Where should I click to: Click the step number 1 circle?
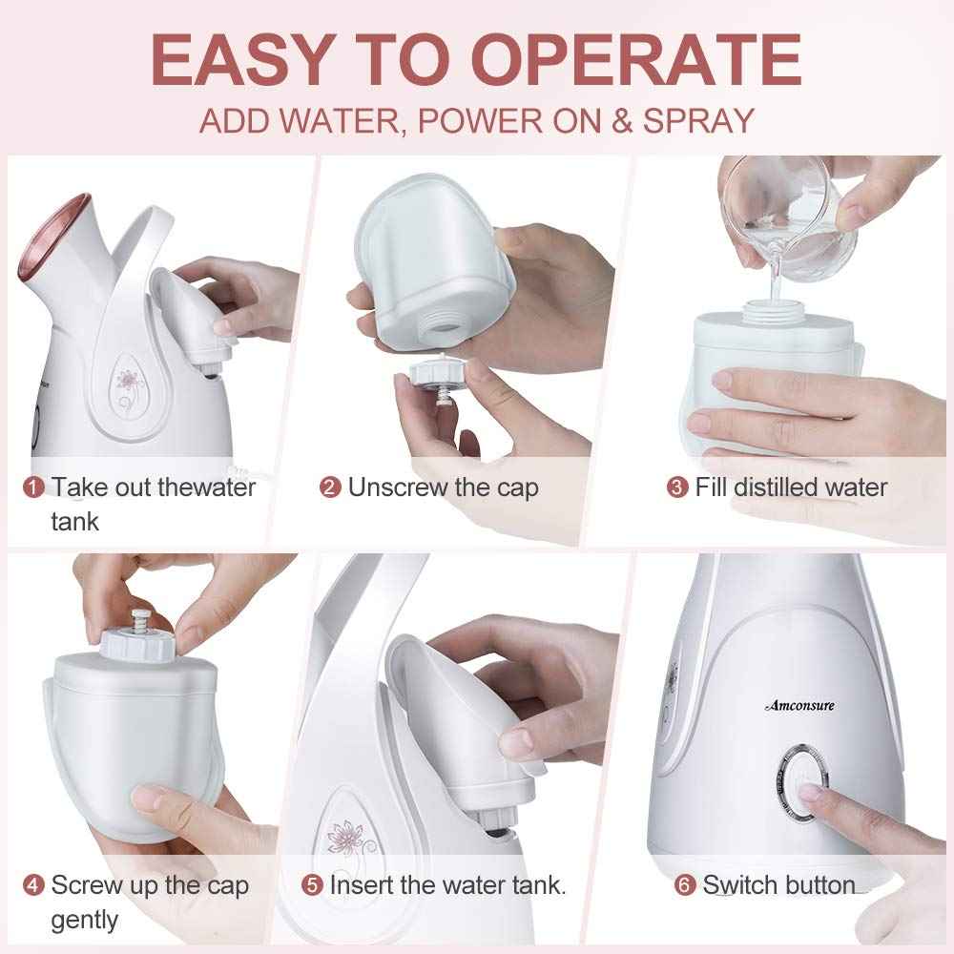click(x=34, y=487)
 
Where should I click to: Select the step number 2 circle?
click(x=330, y=487)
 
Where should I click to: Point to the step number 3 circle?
click(x=676, y=487)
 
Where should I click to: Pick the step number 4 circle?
click(x=34, y=885)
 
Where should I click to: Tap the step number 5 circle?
click(x=312, y=885)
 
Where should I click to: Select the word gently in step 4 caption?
click(x=85, y=921)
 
